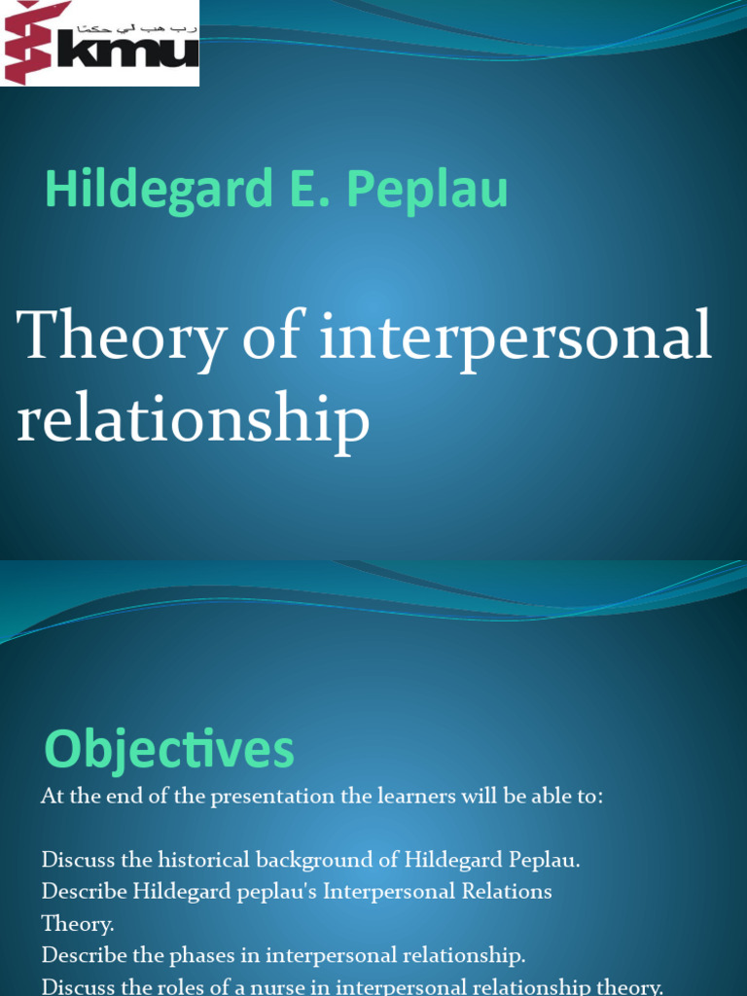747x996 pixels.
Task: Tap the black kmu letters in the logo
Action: point(127,52)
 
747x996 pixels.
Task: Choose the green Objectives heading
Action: point(169,751)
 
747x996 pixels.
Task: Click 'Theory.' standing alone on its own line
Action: point(78,923)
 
